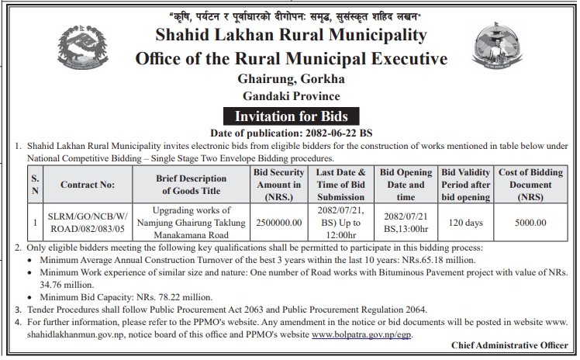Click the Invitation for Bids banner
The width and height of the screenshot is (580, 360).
(x=291, y=116)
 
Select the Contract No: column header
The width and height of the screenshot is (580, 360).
(x=88, y=185)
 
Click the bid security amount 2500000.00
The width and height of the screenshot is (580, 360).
(x=277, y=222)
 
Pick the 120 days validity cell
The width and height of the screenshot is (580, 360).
(x=467, y=222)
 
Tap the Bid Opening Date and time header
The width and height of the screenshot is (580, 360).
(x=406, y=185)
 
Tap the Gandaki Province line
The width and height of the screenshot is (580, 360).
(x=291, y=96)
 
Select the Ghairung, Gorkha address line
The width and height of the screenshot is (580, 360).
(x=291, y=79)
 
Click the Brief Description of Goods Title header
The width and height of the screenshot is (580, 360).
(x=181, y=185)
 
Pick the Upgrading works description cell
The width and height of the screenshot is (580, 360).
(x=181, y=222)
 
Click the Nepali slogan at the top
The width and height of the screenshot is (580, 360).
(x=291, y=16)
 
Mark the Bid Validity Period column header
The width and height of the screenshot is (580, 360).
(x=467, y=185)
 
